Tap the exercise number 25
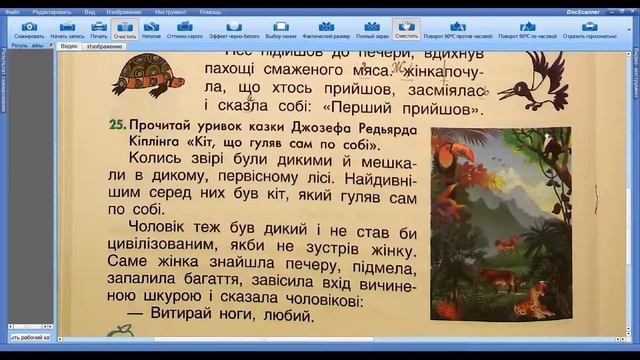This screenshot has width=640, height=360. [117, 127]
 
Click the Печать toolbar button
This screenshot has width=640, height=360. [99, 29]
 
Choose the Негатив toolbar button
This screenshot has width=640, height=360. [152, 29]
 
